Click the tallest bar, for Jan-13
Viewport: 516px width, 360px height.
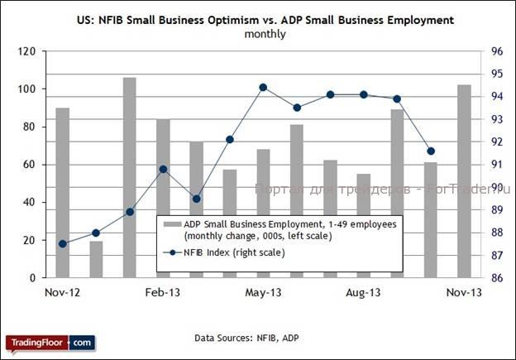(x=129, y=177)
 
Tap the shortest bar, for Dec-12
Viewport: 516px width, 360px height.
(x=96, y=259)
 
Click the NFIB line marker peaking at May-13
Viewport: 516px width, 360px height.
(x=263, y=87)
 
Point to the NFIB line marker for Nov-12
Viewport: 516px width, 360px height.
(x=63, y=243)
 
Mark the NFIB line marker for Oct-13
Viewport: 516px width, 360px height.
(x=431, y=151)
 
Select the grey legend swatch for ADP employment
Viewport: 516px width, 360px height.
(x=171, y=224)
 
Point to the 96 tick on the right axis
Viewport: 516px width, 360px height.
(x=498, y=51)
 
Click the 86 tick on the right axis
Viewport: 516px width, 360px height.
(x=498, y=278)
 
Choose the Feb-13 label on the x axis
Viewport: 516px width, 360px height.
(x=163, y=293)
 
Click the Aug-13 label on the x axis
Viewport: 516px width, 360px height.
(x=364, y=293)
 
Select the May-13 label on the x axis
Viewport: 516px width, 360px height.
(x=263, y=293)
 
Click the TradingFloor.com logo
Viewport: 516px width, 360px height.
(x=50, y=342)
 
